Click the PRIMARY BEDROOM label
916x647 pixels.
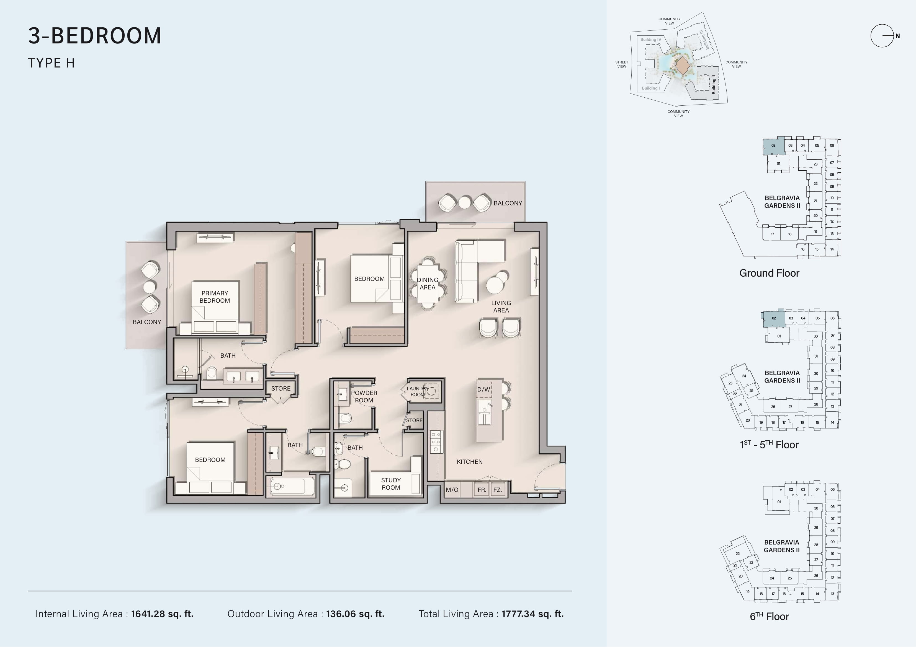point(215,297)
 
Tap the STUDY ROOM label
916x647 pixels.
point(391,484)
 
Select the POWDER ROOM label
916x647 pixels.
point(364,396)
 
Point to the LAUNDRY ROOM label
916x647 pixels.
point(418,391)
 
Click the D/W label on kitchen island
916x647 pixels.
point(483,389)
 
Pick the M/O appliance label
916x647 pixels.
point(452,490)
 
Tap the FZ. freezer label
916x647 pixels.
point(497,490)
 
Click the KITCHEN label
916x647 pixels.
point(470,462)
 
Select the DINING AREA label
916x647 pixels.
point(427,284)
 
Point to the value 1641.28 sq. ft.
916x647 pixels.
point(162,614)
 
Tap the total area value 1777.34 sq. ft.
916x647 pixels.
point(532,614)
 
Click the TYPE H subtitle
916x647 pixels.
point(52,63)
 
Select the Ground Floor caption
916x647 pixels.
point(769,273)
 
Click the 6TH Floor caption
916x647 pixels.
point(769,616)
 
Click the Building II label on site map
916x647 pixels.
point(714,85)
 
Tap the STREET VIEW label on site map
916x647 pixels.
point(622,64)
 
